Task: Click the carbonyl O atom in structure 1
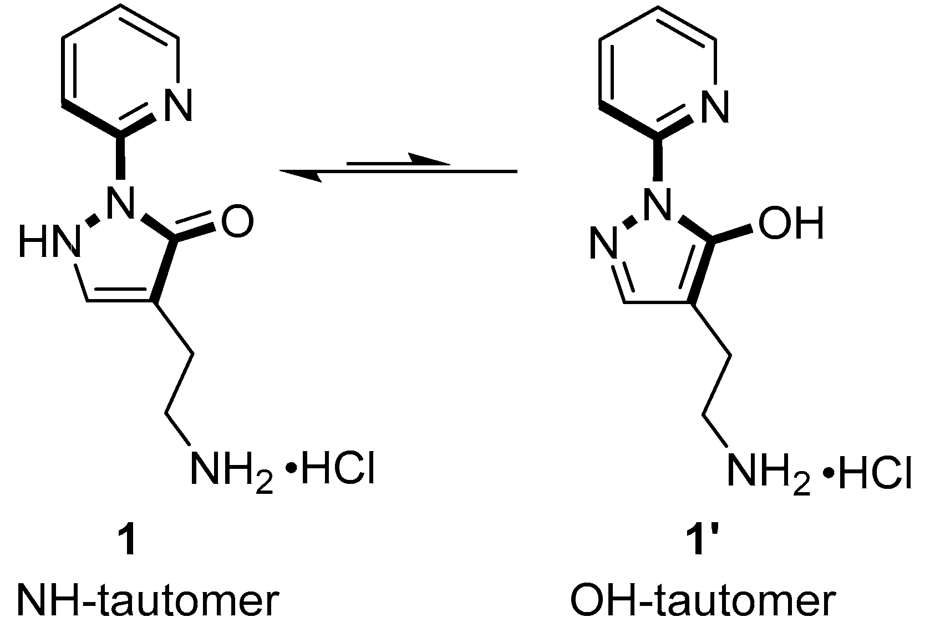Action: point(237,223)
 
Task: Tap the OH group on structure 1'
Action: point(790,223)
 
